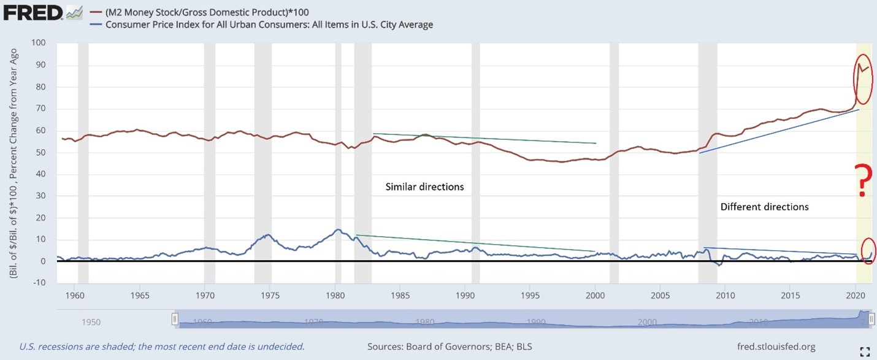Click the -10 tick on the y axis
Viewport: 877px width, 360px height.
click(x=39, y=283)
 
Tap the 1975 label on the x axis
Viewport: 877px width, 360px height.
click(x=270, y=296)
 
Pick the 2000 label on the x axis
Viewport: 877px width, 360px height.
click(x=595, y=296)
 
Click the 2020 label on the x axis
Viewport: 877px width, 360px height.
click(x=855, y=296)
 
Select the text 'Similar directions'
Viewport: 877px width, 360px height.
click(x=424, y=186)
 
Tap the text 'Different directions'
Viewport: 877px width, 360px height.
click(x=764, y=207)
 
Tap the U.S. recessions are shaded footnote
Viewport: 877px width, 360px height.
click(x=162, y=347)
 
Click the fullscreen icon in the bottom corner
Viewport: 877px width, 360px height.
click(x=865, y=351)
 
